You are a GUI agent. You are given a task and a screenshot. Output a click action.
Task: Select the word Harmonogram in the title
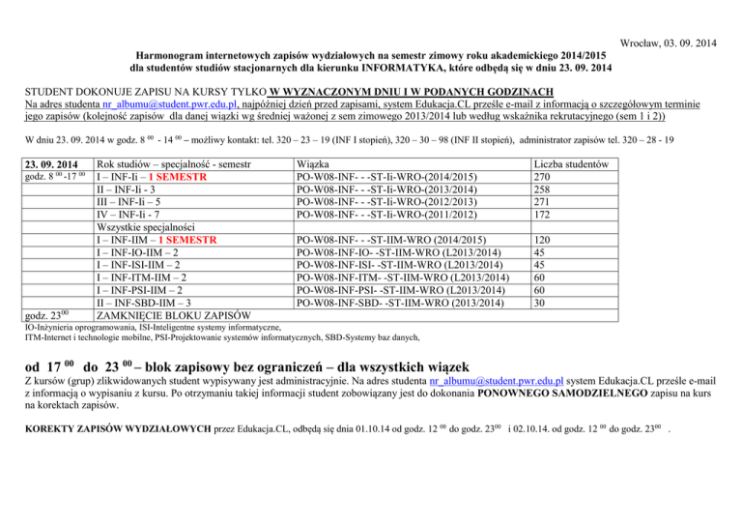175,56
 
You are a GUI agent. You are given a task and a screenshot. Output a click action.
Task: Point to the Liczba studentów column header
583,164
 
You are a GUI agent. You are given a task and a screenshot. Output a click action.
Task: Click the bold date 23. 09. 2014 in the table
52,164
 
